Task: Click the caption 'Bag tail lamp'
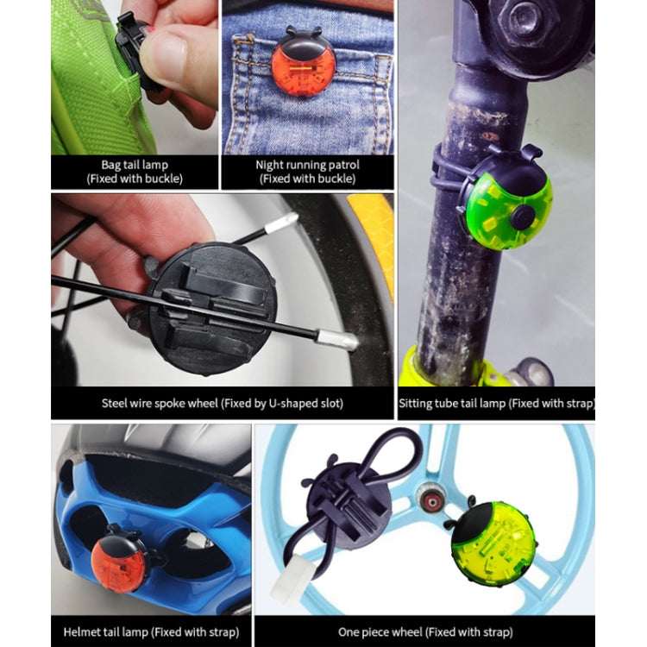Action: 135,164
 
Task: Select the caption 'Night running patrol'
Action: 307,164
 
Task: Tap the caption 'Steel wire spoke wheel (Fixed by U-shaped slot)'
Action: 222,403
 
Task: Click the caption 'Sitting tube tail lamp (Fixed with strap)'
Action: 496,403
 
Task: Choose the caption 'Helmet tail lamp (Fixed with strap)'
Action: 144,631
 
